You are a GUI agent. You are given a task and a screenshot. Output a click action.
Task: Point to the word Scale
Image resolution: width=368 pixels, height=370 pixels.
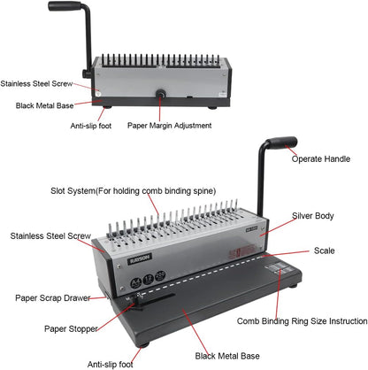click(x=324, y=251)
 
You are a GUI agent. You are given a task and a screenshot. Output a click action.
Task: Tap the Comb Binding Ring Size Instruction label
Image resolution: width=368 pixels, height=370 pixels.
click(x=301, y=320)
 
